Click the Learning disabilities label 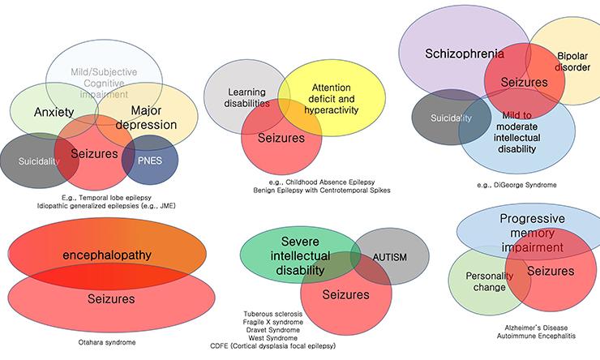coord(247,98)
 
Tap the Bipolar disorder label coord(572,62)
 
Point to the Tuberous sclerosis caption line coord(273,314)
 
